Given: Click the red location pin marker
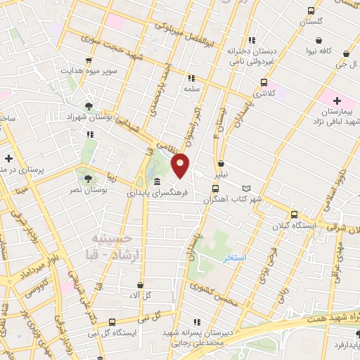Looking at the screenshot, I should point(181,165).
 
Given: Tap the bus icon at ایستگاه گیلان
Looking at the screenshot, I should point(294,214).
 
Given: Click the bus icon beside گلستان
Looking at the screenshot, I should point(311,11).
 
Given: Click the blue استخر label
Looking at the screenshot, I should point(235,258).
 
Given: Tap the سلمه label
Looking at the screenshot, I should point(191,89).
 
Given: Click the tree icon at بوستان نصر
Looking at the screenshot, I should point(88,178).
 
